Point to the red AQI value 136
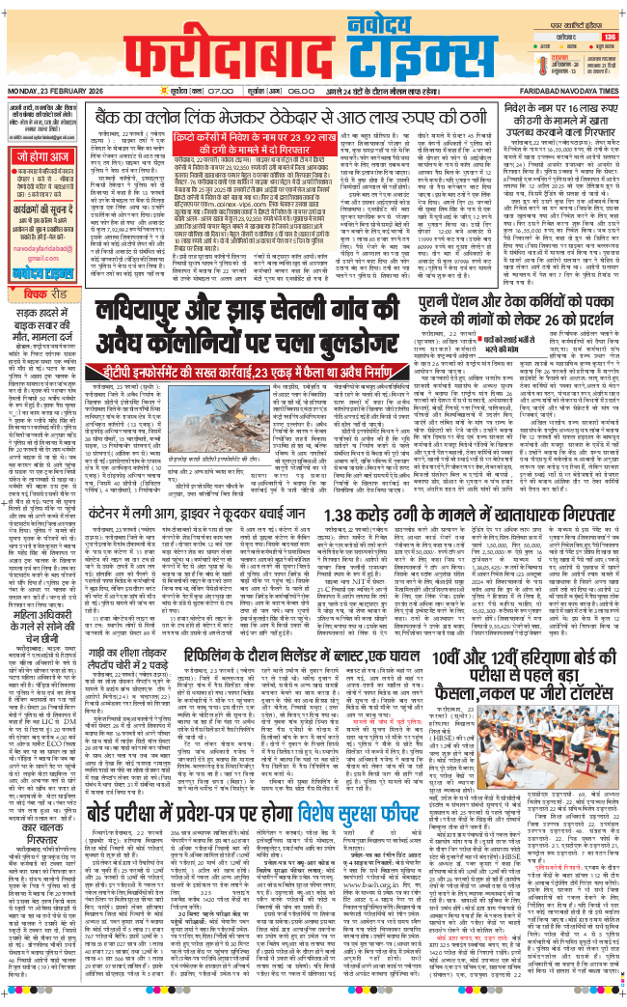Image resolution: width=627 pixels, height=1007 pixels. click(x=609, y=37)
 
